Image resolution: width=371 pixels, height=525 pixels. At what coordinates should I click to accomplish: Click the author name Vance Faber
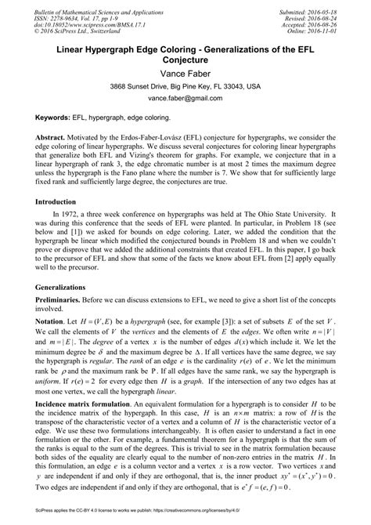[x=185, y=72]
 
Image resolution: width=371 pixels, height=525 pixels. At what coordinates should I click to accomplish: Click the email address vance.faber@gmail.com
[x=185, y=100]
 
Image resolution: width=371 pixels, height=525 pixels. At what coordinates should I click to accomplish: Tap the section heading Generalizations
[x=59, y=288]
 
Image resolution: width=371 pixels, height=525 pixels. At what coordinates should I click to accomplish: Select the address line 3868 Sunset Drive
[x=185, y=86]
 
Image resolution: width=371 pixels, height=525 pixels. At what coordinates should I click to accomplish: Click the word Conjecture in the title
[x=185, y=57]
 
